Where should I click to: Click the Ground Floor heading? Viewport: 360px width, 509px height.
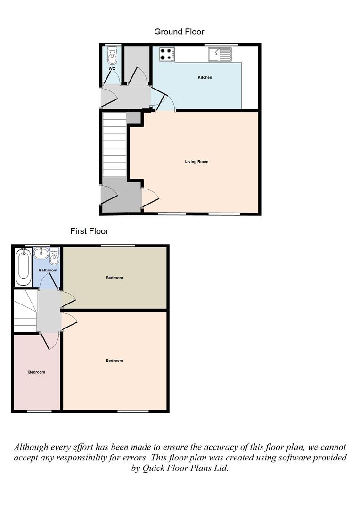tap(179, 32)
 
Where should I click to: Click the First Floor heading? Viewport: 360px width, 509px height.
tap(89, 231)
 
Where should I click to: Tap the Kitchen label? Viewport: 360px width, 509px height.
tap(205, 77)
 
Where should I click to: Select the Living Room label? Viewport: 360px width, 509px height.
tap(196, 162)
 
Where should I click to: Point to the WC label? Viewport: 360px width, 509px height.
tap(112, 69)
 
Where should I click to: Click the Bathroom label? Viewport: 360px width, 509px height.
tap(48, 270)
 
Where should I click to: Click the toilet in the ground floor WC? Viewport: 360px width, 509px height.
tap(112, 55)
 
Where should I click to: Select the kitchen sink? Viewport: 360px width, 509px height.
tap(220, 54)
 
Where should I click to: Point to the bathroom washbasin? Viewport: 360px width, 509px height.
tap(41, 253)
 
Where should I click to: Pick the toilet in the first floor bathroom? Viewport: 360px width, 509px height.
tap(54, 257)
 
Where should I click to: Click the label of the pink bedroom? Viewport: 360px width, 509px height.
tap(37, 372)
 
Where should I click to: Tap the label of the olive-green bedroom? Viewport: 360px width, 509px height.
tap(115, 278)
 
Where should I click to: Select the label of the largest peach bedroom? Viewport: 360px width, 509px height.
tap(115, 361)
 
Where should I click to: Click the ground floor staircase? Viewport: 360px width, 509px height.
tap(114, 145)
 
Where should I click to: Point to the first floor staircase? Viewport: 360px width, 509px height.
tap(25, 311)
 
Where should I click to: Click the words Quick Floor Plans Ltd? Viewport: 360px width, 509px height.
tap(180, 468)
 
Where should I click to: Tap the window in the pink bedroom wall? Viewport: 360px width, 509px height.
tap(39, 411)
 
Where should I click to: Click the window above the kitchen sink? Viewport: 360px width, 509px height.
tap(221, 44)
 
